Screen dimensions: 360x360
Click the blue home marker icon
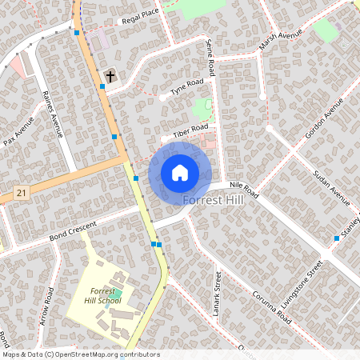pos(180,172)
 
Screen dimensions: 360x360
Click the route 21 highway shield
pos(21,193)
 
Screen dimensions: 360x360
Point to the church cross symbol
pos(110,77)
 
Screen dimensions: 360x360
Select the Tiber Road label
pos(191,129)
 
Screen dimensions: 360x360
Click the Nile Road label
pos(245,189)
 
